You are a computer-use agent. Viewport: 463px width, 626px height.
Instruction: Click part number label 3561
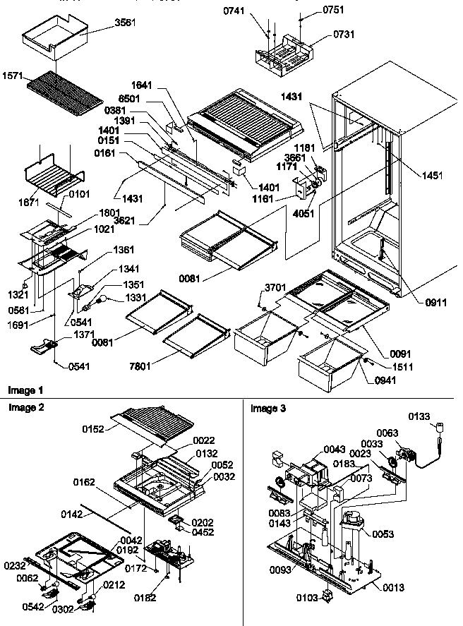click(x=126, y=23)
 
